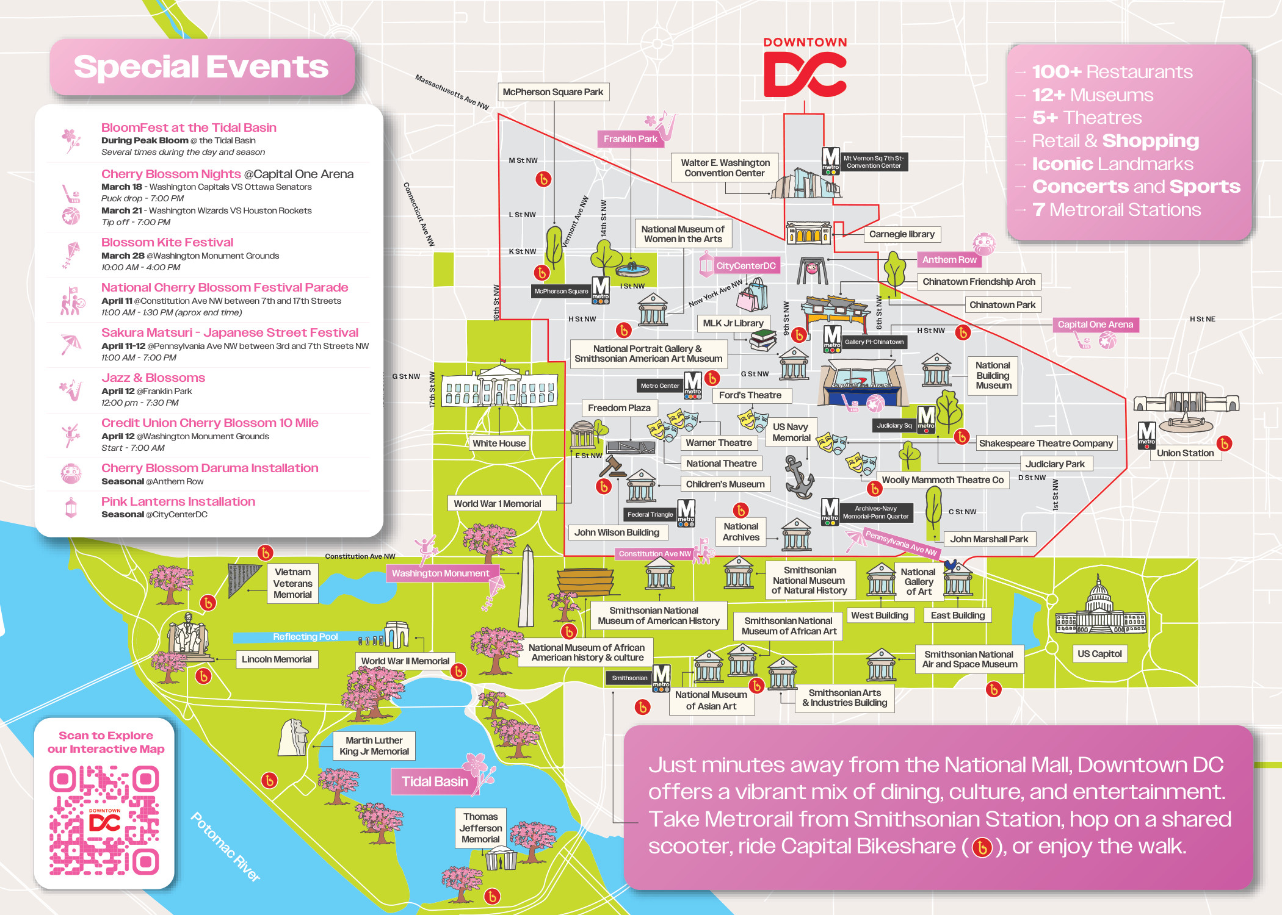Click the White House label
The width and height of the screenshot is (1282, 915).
tap(499, 443)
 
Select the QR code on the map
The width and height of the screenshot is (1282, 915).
tap(104, 821)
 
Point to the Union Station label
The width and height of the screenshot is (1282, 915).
tap(1185, 453)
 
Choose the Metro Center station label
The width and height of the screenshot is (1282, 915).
tap(659, 386)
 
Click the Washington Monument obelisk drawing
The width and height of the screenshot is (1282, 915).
tap(527, 586)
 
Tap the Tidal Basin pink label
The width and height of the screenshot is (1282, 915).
tap(435, 781)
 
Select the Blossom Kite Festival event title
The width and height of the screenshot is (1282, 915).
tap(167, 242)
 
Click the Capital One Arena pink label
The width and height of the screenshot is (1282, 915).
tap(1095, 325)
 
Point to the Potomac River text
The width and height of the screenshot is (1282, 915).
tap(225, 847)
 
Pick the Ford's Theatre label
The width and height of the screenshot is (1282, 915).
tap(750, 395)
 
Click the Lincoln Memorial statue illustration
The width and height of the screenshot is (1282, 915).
tap(187, 634)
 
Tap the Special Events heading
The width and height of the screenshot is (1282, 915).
tap(201, 67)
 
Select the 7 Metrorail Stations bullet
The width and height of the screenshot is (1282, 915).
tap(1116, 210)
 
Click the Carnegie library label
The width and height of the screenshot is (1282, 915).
tap(902, 234)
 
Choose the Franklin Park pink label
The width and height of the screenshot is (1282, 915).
tap(630, 139)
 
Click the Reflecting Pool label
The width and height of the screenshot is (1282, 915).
tap(305, 637)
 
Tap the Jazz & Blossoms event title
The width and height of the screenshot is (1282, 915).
tap(153, 378)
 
